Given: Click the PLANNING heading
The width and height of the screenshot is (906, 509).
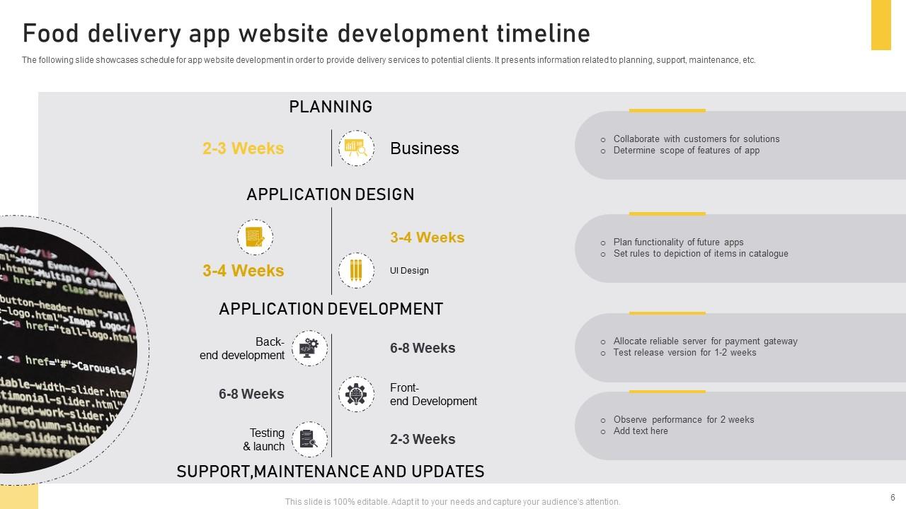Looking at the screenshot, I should tap(331, 107).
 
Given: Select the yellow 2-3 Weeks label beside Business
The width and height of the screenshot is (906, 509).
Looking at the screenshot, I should tap(243, 148).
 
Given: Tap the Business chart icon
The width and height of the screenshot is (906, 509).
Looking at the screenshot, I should tap(356, 148).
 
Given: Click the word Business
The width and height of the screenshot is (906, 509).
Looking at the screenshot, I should tap(424, 148).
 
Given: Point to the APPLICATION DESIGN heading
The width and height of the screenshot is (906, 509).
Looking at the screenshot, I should tap(331, 194).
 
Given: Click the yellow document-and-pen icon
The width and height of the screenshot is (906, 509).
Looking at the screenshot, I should tap(255, 238).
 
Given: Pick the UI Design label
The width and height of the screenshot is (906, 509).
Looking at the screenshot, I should tap(409, 271).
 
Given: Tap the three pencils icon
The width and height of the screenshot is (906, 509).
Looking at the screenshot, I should tap(356, 271).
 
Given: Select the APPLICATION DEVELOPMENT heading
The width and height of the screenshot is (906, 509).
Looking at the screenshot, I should tap(331, 309).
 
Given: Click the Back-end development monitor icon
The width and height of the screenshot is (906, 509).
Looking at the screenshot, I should tap(309, 348).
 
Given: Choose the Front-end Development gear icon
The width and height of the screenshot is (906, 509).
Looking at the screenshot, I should tap(356, 394).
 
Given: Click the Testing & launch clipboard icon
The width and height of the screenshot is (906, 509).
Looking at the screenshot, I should tap(309, 440).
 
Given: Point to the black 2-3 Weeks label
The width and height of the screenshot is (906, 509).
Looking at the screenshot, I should tap(423, 439).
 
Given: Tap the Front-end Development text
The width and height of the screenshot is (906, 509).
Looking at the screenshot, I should tap(433, 394).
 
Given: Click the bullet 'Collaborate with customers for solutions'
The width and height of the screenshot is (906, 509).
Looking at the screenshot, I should tap(696, 139).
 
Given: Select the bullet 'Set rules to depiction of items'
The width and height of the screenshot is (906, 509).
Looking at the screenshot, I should tap(700, 254).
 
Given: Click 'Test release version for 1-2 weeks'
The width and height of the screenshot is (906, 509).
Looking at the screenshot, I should tap(684, 353).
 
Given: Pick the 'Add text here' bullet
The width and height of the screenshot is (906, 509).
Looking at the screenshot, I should tap(640, 431).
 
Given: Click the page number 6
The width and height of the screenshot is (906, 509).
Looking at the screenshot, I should tap(893, 497).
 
